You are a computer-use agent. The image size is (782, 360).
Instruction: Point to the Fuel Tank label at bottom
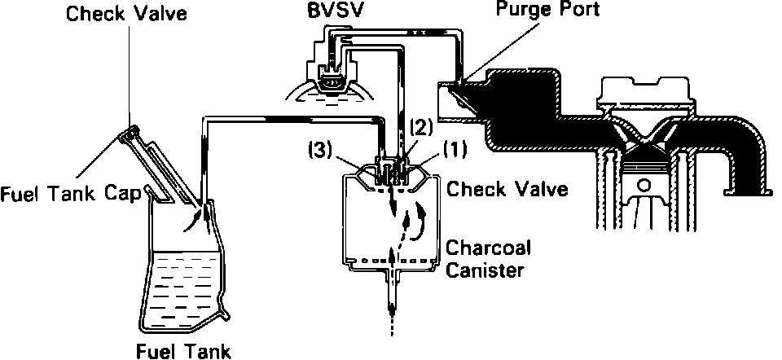[184, 351]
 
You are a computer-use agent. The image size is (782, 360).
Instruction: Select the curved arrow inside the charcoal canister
[420, 224]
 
